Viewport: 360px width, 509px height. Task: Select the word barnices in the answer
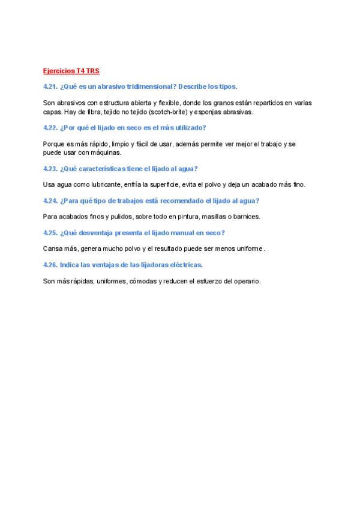click(x=246, y=216)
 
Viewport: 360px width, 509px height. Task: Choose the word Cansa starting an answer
click(x=52, y=248)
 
